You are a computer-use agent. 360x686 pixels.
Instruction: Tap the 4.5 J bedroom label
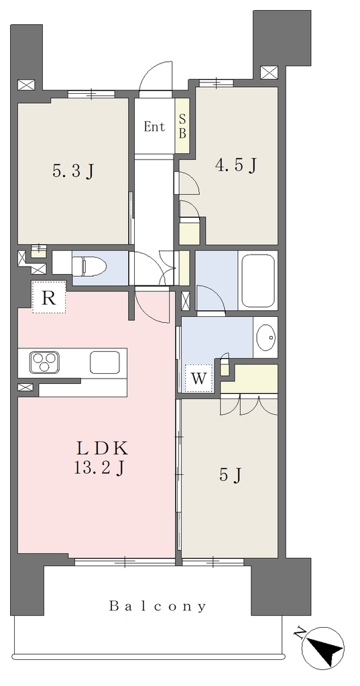[235, 165]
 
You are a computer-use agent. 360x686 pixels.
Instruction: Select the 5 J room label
[231, 475]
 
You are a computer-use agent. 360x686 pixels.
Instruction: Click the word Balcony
[158, 606]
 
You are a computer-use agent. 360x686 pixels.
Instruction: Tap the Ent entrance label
[155, 127]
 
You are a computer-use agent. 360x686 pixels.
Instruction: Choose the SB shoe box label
[182, 127]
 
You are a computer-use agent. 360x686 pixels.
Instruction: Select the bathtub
[258, 281]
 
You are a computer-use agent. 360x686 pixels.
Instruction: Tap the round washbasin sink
[265, 338]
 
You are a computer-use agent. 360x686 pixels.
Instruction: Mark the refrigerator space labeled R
[49, 298]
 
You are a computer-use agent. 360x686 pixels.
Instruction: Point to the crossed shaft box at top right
[268, 72]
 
